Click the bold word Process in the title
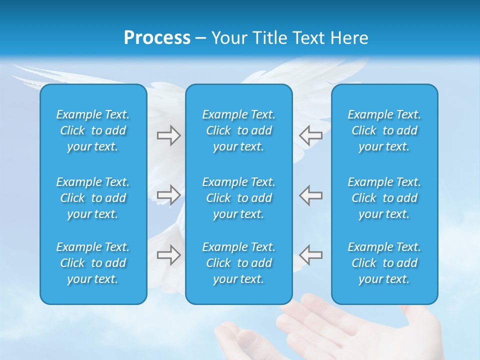[157, 38]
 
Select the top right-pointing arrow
[168, 135]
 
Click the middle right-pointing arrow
[168, 194]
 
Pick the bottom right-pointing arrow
[168, 255]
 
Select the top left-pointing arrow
[311, 135]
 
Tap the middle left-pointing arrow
[311, 194]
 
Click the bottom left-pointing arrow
[311, 255]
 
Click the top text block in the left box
[93, 130]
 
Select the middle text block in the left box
[93, 198]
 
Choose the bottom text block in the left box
[93, 263]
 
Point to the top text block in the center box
[238, 130]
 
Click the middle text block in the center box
[238, 198]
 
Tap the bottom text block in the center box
[238, 263]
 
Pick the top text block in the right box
[384, 130]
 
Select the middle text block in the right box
[384, 198]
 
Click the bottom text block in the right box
[384, 263]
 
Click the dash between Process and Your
[201, 38]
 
